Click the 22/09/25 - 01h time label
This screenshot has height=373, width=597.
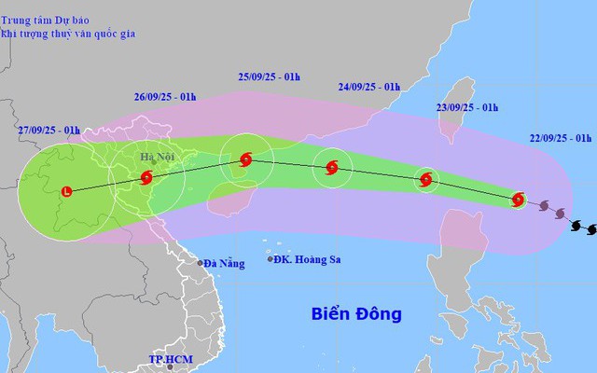pos(557,138)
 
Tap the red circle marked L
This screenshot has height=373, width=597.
pos(66,192)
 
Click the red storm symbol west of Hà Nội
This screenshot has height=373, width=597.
pos(146,178)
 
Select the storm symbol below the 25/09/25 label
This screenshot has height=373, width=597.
pos(245,159)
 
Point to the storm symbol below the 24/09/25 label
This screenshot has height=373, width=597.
pos(333,169)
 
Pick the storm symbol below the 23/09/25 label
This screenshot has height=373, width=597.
pos(427,180)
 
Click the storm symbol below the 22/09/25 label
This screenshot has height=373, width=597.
pos(520,199)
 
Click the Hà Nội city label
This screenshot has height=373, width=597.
pos(157,158)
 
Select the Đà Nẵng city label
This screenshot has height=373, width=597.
pos(225,264)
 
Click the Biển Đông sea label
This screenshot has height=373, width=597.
pos(356,313)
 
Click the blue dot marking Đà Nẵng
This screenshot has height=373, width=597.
pos(200,263)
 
